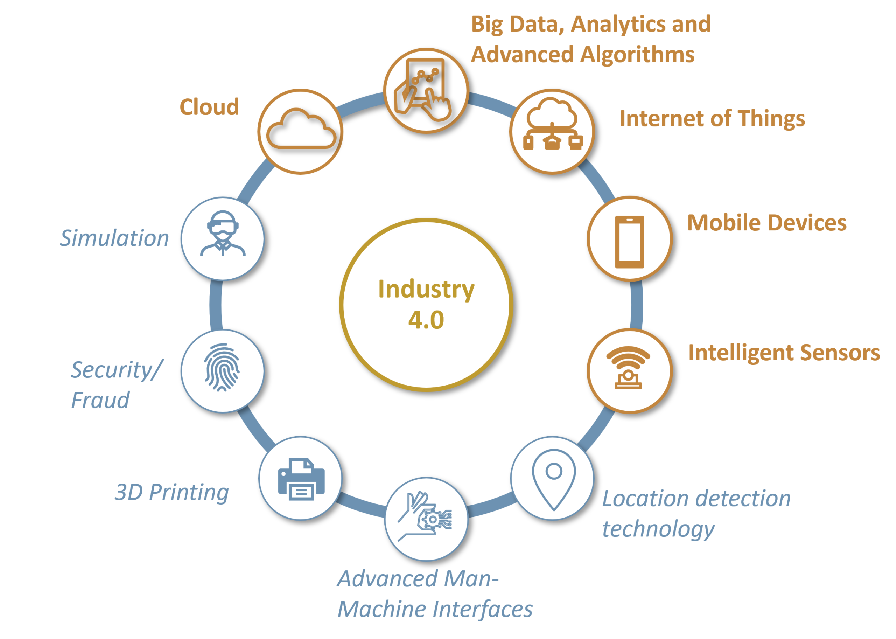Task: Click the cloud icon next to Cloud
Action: click(301, 130)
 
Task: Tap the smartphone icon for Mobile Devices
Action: click(629, 241)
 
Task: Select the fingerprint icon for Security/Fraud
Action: click(222, 368)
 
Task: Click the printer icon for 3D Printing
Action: click(301, 479)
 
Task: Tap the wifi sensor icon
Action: click(629, 368)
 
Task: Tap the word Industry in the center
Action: click(426, 290)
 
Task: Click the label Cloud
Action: click(209, 107)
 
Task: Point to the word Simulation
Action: click(114, 238)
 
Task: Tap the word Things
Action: click(771, 119)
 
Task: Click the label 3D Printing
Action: click(171, 492)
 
